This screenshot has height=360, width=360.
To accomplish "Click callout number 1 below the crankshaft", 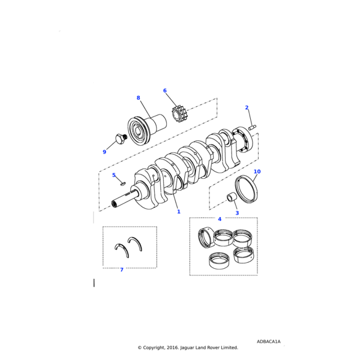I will pos(178,212).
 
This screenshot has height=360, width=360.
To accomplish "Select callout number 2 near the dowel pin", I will pos(247,107).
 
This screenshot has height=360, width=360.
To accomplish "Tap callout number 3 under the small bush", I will pos(236,213).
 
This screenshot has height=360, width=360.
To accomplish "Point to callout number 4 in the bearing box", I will pos(220,219).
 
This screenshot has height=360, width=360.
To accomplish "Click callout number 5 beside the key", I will pos(113,175).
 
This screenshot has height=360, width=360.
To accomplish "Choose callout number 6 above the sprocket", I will pos(164,91).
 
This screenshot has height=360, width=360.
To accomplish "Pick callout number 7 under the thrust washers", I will pos(121,270).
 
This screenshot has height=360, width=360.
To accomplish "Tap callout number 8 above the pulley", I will pos(138,98).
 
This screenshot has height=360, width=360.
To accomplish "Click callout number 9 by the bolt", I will pos(104,152).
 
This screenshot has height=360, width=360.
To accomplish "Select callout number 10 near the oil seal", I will pos(257,172).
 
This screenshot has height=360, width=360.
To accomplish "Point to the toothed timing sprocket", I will pos(178,113).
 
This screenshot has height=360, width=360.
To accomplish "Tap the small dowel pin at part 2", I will pos(253,127).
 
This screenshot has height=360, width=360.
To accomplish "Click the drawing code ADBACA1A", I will pos(268,341).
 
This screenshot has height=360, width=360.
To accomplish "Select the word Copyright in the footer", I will pos(155,347).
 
